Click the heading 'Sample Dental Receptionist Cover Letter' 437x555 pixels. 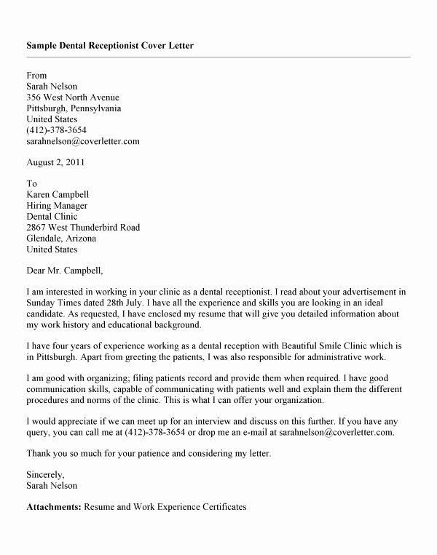110,45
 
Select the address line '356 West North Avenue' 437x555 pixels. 73,97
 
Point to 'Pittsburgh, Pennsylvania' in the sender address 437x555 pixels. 74,108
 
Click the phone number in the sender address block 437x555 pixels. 60,129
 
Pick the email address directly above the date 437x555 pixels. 82,140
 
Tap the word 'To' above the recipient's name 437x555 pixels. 31,184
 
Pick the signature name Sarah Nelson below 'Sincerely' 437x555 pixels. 51,485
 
